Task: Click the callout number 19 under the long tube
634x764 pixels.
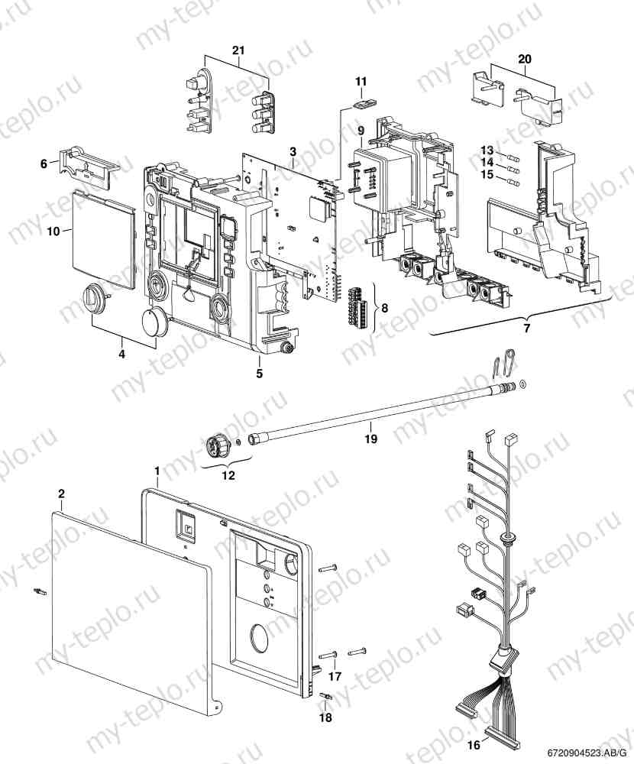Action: click(x=370, y=439)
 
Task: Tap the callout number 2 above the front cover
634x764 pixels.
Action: click(x=61, y=494)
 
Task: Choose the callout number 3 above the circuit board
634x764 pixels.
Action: click(x=293, y=152)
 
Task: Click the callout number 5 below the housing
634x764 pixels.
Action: click(x=259, y=374)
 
